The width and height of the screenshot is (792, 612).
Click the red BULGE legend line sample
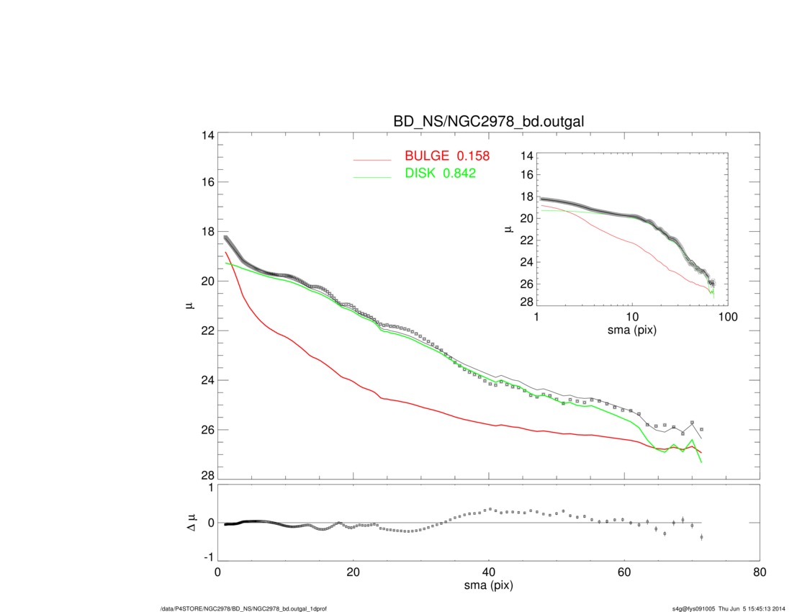pyautogui.click(x=372, y=160)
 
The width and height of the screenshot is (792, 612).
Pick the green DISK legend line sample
pyautogui.click(x=372, y=177)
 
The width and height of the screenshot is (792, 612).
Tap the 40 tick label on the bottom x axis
pyautogui.click(x=488, y=572)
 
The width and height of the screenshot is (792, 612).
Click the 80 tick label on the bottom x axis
pyautogui.click(x=758, y=572)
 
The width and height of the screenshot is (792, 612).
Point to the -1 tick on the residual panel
pyautogui.click(x=207, y=557)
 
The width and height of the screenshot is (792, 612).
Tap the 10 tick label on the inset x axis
pyautogui.click(x=632, y=317)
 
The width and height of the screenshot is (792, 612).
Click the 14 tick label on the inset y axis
pyautogui.click(x=526, y=156)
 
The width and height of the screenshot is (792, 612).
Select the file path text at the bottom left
pyautogui.click(x=243, y=608)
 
